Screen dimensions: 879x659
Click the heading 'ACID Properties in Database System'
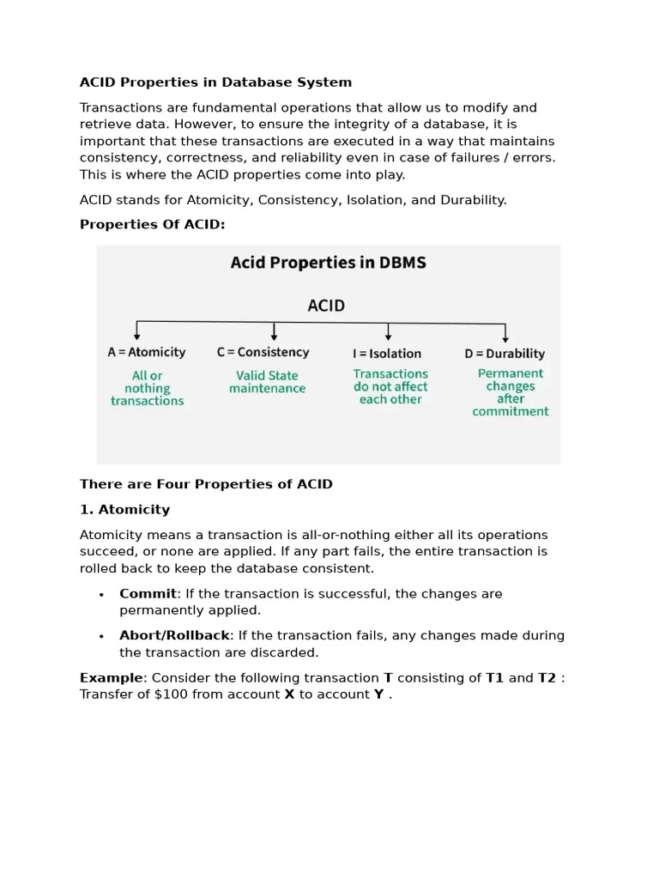(x=215, y=82)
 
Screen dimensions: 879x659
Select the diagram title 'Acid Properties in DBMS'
(x=328, y=264)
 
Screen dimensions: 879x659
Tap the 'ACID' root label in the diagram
(x=326, y=305)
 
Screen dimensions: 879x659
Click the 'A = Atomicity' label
(x=147, y=352)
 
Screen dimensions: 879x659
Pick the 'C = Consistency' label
(x=263, y=352)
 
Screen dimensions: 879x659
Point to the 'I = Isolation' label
(x=387, y=353)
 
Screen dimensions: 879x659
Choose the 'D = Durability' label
(x=505, y=353)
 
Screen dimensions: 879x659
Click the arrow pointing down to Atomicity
(x=137, y=331)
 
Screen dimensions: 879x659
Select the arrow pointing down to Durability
(x=505, y=333)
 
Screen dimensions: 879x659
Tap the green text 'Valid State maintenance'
(x=267, y=382)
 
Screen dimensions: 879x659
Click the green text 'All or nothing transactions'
(x=147, y=388)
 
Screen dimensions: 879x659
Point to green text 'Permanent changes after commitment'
(x=511, y=392)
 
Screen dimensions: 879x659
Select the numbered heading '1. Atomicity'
(x=124, y=510)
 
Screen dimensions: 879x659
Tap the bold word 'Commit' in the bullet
(x=148, y=594)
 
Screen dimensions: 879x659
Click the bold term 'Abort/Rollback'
(x=174, y=636)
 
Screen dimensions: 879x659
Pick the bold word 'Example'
(x=111, y=678)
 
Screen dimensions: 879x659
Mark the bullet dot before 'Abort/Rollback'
(x=101, y=637)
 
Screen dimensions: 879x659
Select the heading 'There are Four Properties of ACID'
(x=206, y=484)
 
